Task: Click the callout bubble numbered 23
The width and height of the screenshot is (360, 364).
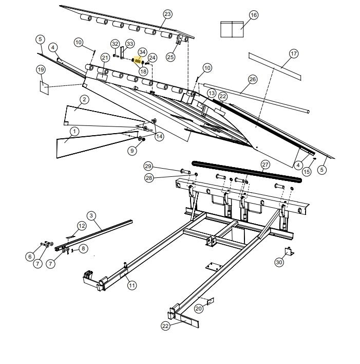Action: [x=167, y=13]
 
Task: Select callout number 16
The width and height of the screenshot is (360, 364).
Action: [x=254, y=15]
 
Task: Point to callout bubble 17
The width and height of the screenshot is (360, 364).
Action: [x=293, y=53]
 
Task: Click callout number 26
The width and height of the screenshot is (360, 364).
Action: [x=252, y=79]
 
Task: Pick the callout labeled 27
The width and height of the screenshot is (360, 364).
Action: [x=265, y=165]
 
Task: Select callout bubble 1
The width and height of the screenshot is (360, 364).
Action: [x=74, y=131]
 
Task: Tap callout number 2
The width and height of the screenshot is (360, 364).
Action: [x=84, y=99]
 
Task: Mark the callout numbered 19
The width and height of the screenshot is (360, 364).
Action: [x=41, y=69]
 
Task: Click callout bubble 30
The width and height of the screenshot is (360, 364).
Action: [x=279, y=262]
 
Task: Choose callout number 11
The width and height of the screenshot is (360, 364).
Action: [x=132, y=285]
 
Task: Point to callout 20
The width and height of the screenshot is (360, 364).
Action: [x=198, y=308]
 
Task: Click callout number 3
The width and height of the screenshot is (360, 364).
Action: [x=91, y=215]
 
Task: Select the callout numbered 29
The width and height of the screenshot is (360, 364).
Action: [x=148, y=166]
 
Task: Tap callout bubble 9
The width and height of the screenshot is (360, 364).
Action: [x=132, y=151]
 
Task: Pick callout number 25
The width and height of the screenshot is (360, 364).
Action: [x=170, y=57]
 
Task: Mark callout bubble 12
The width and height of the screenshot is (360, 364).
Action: [x=82, y=226]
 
